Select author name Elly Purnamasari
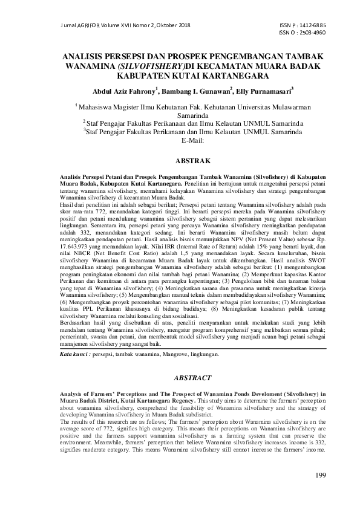265,92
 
